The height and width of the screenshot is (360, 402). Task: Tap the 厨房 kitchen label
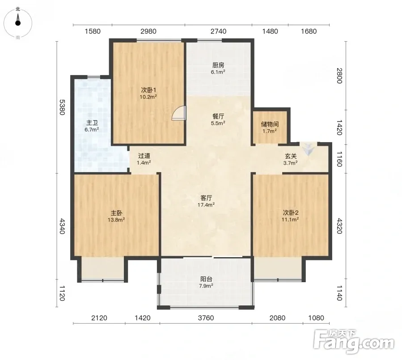(x=218, y=65)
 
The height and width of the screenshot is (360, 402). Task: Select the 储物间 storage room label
(x=270, y=124)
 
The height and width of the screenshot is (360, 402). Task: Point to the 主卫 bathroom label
(x=92, y=123)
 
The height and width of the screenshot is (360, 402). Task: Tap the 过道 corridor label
(x=144, y=156)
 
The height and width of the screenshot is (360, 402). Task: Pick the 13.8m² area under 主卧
(x=116, y=220)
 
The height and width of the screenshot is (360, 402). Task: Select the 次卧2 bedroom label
(x=291, y=212)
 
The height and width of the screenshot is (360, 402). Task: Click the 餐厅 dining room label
(x=218, y=116)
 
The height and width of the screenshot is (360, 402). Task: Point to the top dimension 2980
(x=148, y=31)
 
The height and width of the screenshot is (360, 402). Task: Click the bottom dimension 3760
(x=206, y=318)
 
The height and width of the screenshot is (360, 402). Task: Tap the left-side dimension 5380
(x=62, y=107)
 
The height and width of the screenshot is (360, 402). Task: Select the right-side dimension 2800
(x=339, y=76)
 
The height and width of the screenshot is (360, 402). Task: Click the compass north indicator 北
(x=18, y=9)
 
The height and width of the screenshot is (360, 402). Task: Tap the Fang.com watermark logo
(x=354, y=341)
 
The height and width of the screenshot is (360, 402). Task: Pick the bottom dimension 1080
(x=316, y=318)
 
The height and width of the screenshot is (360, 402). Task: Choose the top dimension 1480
(x=270, y=31)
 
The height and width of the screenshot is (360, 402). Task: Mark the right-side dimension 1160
(x=339, y=159)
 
